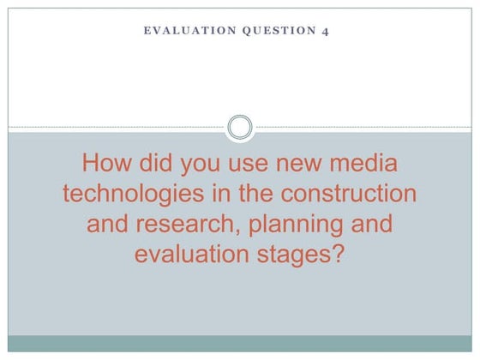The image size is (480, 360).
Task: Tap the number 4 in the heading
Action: pos(324,31)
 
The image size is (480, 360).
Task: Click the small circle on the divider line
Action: pos(241,129)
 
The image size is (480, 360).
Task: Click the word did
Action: pos(165,163)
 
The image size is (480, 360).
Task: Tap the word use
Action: pos(261,164)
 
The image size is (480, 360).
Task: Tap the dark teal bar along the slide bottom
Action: pos(240,344)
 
